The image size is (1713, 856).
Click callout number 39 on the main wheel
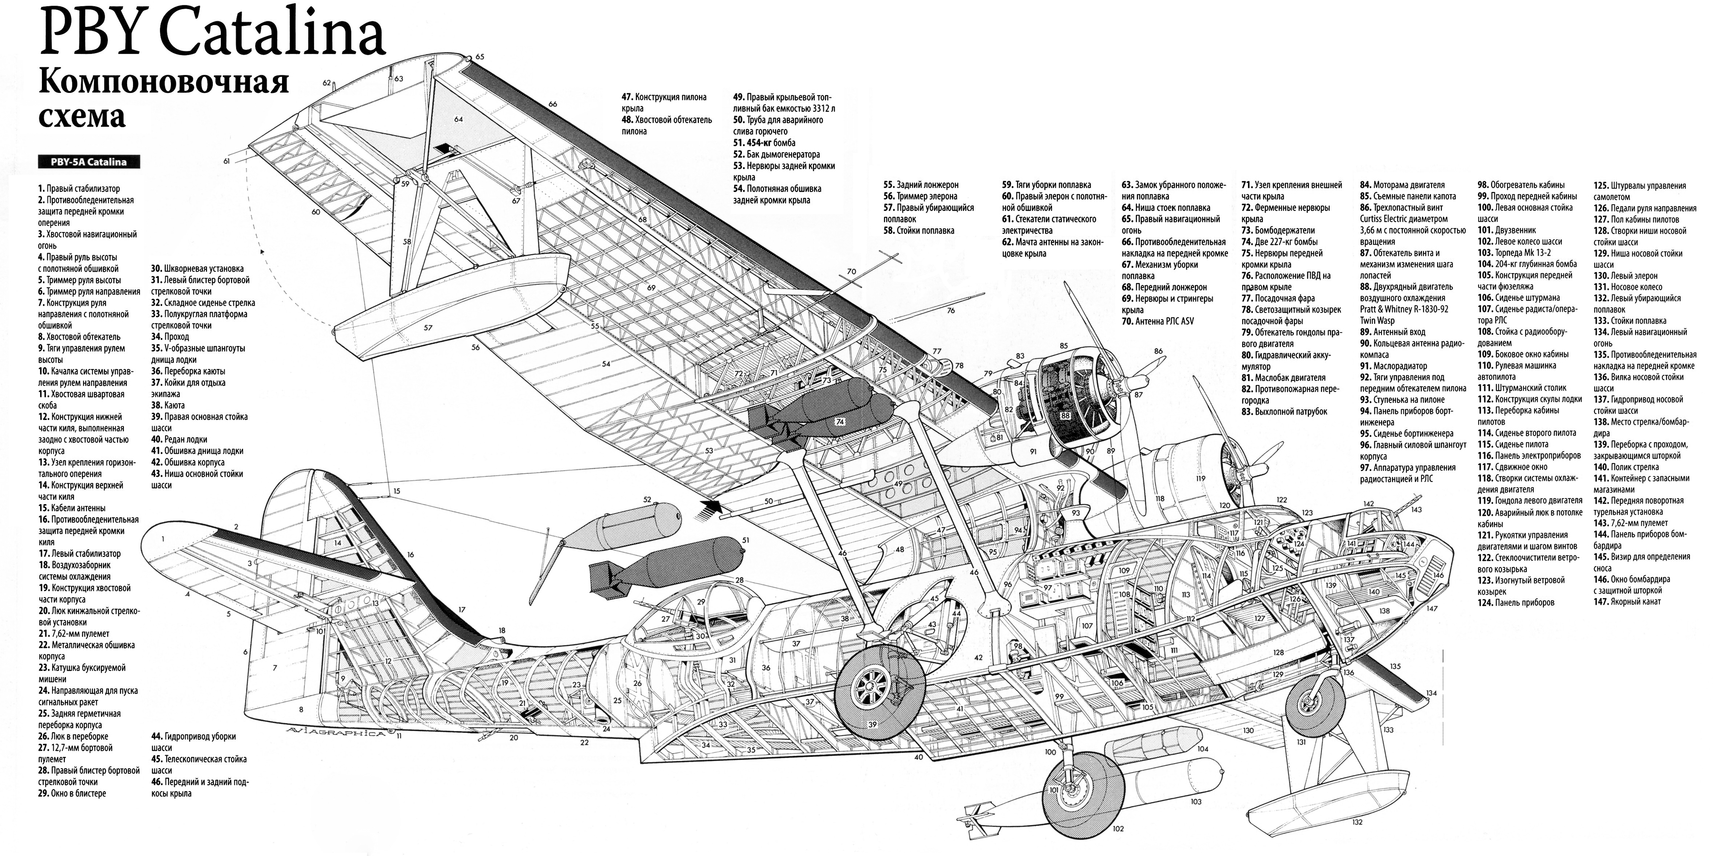click(x=872, y=724)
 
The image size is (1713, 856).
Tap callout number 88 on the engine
click(x=1065, y=415)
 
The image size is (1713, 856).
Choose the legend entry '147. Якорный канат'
click(x=1627, y=601)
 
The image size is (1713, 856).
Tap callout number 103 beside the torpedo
click(x=1196, y=802)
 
